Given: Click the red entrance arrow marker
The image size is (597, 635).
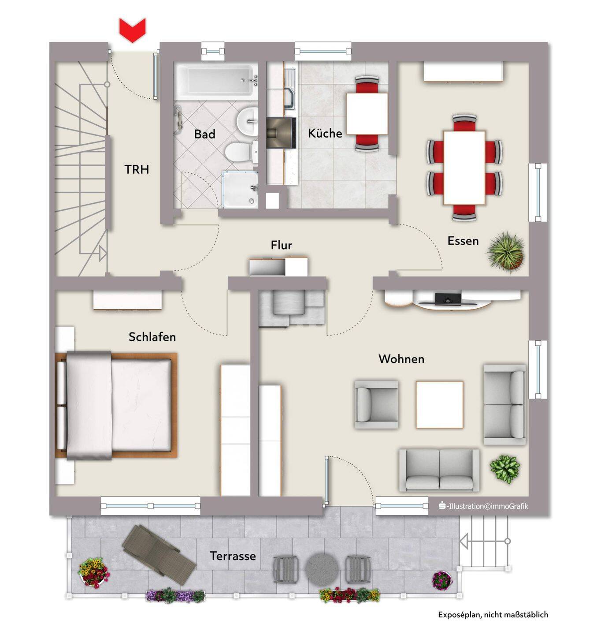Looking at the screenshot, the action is [x=132, y=30].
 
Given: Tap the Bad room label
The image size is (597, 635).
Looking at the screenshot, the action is [x=204, y=134].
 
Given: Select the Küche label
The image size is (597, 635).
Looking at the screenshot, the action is [x=325, y=133].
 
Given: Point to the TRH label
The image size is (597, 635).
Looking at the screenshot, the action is [x=137, y=169].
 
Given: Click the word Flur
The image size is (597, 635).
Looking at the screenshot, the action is [x=281, y=245].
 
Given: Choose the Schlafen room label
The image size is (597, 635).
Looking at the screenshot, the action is [x=152, y=337].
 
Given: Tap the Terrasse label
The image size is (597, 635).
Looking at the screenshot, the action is [x=233, y=556].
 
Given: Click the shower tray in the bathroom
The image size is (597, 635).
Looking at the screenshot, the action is [x=240, y=189].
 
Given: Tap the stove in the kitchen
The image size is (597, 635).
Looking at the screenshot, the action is [x=281, y=133].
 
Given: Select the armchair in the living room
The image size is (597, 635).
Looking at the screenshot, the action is [x=376, y=404].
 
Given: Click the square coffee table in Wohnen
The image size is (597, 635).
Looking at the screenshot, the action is [x=439, y=404].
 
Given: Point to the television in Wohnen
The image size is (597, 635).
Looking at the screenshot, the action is [x=448, y=299].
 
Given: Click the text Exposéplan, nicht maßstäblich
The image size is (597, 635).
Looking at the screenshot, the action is [x=493, y=615].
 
